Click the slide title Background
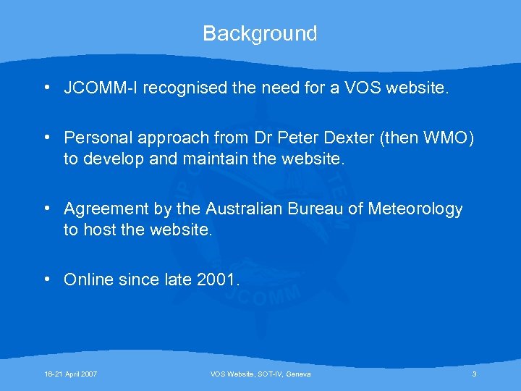[x=260, y=33]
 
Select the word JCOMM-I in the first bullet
[x=101, y=89]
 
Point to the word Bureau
[x=321, y=209]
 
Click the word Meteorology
[x=415, y=210]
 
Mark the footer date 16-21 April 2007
[x=70, y=374]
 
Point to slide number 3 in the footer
[x=474, y=374]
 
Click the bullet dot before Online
[x=46, y=279]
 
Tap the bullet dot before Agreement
[x=46, y=209]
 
